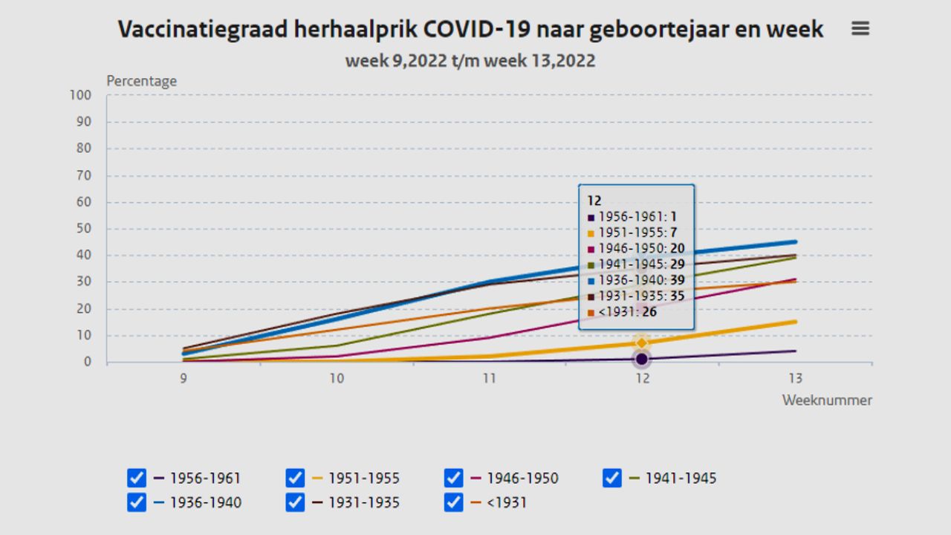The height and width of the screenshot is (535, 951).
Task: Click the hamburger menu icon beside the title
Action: coord(860,29)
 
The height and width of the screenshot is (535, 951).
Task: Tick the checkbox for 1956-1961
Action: coord(137,478)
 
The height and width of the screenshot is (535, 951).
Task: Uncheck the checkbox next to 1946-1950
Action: coord(454,478)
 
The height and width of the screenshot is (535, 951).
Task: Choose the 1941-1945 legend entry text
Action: coord(681,479)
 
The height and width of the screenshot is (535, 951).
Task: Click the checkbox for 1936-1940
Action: coord(137,502)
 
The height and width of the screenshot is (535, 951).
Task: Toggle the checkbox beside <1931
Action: coord(454,502)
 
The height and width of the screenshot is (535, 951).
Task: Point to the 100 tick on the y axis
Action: coord(79,95)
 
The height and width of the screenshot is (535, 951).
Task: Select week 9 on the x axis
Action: coord(183,378)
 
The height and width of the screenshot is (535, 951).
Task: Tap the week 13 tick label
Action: coord(795,378)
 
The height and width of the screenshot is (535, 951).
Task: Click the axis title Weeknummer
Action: coord(826,401)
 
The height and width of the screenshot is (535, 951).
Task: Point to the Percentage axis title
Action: coord(142,81)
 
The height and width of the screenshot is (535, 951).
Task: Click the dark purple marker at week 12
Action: coord(642,360)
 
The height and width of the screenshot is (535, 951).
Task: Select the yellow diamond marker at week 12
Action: coord(642,343)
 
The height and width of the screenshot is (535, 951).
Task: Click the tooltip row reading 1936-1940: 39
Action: coord(637,280)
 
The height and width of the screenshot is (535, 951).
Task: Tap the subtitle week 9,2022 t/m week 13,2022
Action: coord(470,61)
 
